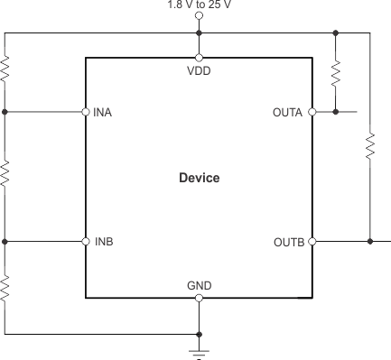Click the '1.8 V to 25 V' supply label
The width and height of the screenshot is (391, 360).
(199, 5)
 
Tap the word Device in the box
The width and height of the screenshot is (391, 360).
(199, 178)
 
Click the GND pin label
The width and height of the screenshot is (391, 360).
(199, 286)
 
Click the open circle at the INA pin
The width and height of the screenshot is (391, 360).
(86, 113)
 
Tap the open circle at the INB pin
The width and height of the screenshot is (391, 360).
(86, 242)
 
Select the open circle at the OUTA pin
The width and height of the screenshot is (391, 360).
(312, 113)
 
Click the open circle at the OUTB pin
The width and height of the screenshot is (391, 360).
(312, 242)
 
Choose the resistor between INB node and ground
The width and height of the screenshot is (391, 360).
(5, 288)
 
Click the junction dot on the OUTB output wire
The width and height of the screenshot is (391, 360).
(370, 242)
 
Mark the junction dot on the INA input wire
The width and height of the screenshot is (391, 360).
(5, 113)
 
